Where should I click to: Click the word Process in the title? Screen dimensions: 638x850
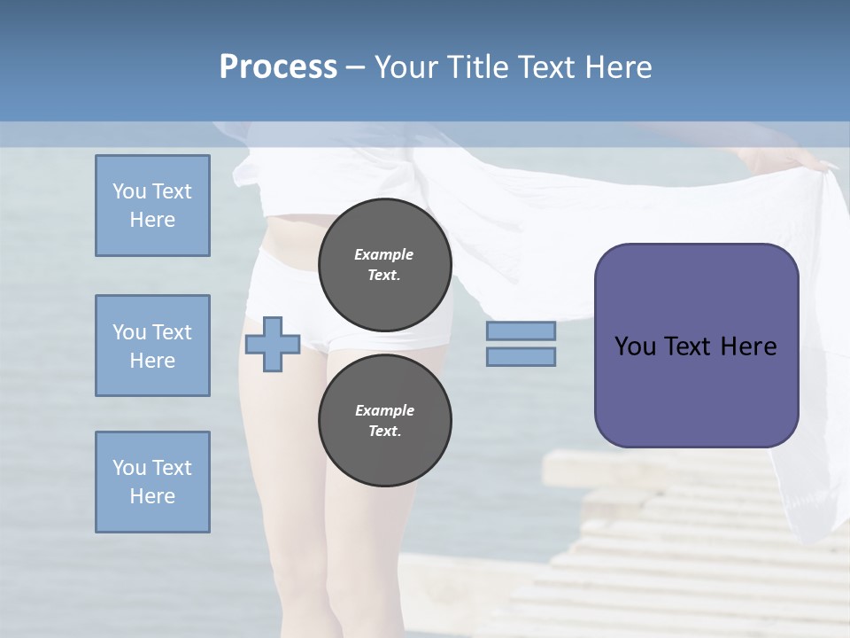(278, 66)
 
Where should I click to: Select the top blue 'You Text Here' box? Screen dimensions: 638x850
(152, 206)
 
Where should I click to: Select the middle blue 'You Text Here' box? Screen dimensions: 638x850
(152, 346)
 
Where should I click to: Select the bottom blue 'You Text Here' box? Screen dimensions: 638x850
(152, 482)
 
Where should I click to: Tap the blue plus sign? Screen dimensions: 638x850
(273, 343)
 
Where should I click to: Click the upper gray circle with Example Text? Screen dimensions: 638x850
(385, 265)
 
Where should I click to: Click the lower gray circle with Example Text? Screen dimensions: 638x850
(385, 421)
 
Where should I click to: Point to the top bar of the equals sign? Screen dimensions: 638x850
(521, 331)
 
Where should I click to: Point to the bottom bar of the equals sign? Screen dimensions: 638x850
(521, 356)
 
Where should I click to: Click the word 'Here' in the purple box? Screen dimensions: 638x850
(748, 346)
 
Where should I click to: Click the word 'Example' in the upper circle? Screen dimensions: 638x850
(384, 254)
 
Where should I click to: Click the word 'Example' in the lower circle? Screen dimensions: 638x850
(384, 410)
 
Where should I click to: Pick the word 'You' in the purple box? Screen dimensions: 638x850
(635, 346)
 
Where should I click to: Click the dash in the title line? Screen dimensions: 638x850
(356, 67)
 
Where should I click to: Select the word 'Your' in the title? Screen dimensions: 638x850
(406, 66)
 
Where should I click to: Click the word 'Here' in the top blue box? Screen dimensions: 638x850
(152, 220)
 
